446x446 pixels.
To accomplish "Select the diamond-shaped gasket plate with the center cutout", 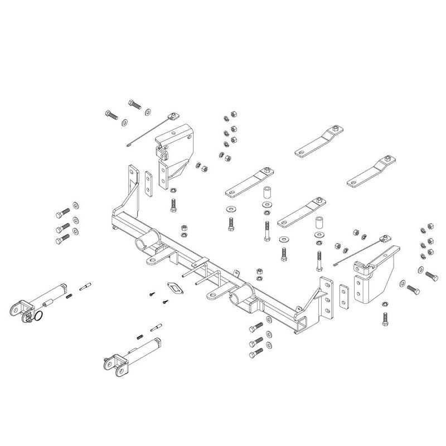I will pyautogui.click(x=174, y=290).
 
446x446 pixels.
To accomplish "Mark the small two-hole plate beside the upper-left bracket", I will pyautogui.click(x=148, y=183).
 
